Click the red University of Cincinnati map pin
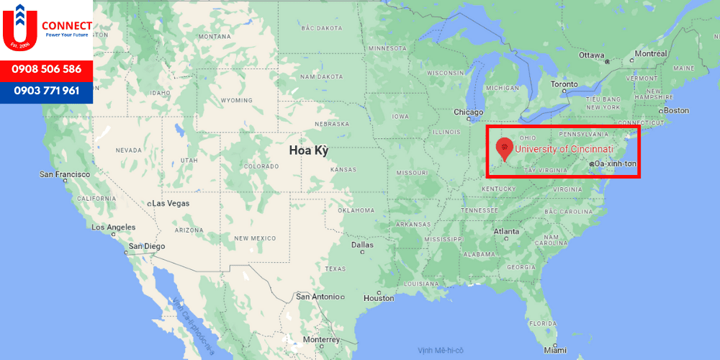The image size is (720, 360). (x=505, y=148)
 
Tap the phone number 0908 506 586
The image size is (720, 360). (x=46, y=70)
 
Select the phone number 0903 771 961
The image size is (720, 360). (x=46, y=91)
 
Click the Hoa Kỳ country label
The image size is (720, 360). (x=308, y=150)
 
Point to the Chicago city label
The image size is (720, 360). (x=469, y=112)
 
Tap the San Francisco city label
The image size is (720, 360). (x=65, y=174)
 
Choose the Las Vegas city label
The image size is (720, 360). (x=171, y=204)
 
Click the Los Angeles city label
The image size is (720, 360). (x=114, y=227)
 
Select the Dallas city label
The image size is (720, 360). (x=362, y=245)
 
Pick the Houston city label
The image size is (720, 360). (x=379, y=298)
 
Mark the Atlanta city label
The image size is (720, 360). (x=506, y=232)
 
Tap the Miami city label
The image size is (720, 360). (x=555, y=350)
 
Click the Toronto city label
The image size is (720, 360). (x=564, y=84)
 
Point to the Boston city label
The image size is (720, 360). (x=676, y=110)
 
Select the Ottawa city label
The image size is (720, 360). (x=592, y=55)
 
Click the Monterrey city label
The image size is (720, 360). (x=320, y=339)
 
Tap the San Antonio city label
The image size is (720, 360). (x=317, y=297)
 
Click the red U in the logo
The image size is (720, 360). (x=19, y=30)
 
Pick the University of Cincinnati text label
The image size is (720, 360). (x=564, y=149)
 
